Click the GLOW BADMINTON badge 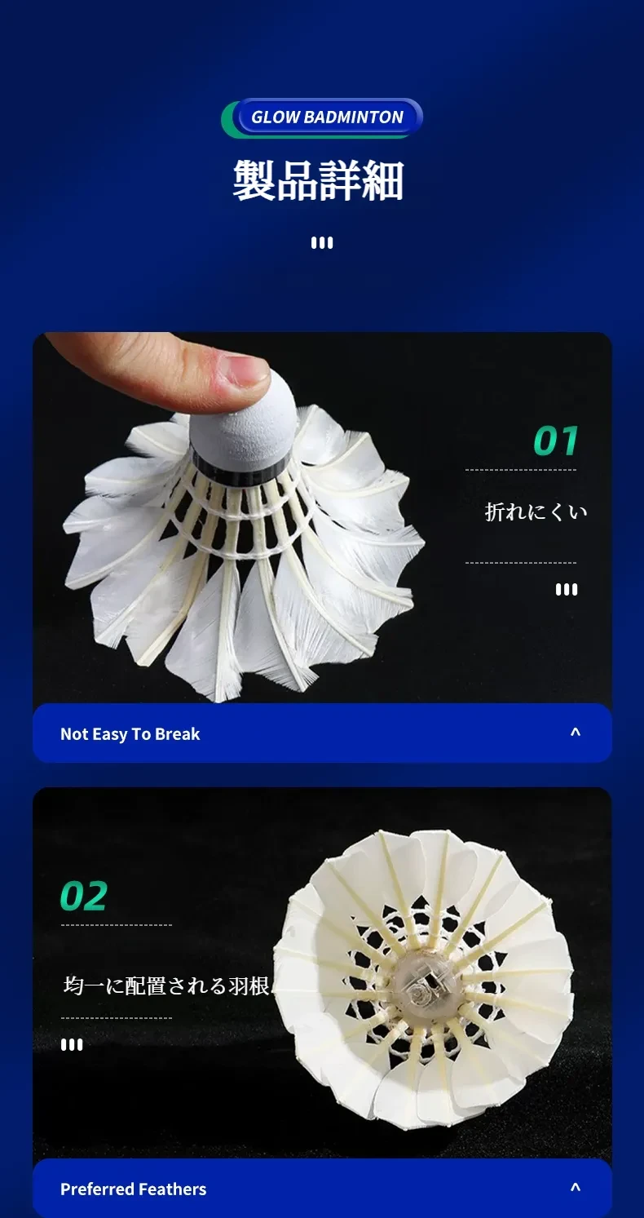point(322,117)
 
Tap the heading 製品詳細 point(319,180)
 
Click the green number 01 point(555,441)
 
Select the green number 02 point(84,896)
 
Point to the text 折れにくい point(536,512)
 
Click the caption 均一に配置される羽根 point(166,985)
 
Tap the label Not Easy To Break point(130,734)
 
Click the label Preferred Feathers point(133,1189)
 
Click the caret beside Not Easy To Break point(576,733)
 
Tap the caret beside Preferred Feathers point(576,1188)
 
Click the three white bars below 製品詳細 point(322,243)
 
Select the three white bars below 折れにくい point(567,590)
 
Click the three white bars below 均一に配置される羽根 point(72,1044)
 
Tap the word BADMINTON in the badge point(353,117)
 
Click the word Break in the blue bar point(177,734)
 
